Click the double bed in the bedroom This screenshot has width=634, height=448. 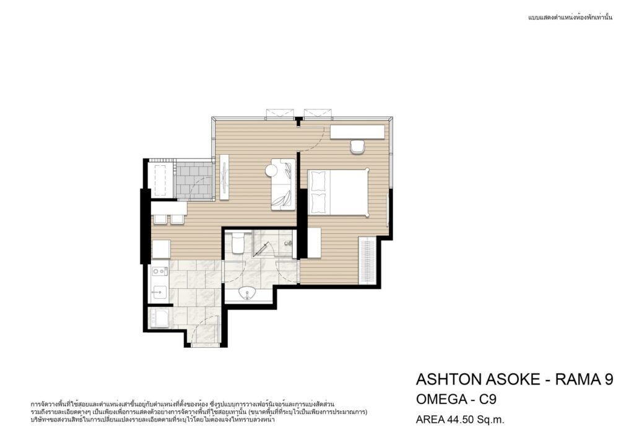(x=339, y=192)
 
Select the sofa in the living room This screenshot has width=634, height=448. (x=282, y=184)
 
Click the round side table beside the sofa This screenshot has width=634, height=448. (x=271, y=170)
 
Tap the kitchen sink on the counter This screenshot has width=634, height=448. (x=159, y=291)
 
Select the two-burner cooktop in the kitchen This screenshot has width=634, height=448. (x=160, y=271)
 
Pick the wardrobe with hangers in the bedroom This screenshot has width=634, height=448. (x=367, y=261)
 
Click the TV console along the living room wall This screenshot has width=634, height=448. (x=224, y=177)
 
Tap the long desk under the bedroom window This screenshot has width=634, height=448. (x=357, y=132)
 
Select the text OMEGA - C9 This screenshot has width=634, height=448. (x=456, y=399)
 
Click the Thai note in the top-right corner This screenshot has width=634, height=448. (x=570, y=17)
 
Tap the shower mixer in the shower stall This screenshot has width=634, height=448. (x=288, y=243)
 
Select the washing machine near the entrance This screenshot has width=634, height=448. (x=160, y=317)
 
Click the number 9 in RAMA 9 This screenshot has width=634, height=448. (x=608, y=379)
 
